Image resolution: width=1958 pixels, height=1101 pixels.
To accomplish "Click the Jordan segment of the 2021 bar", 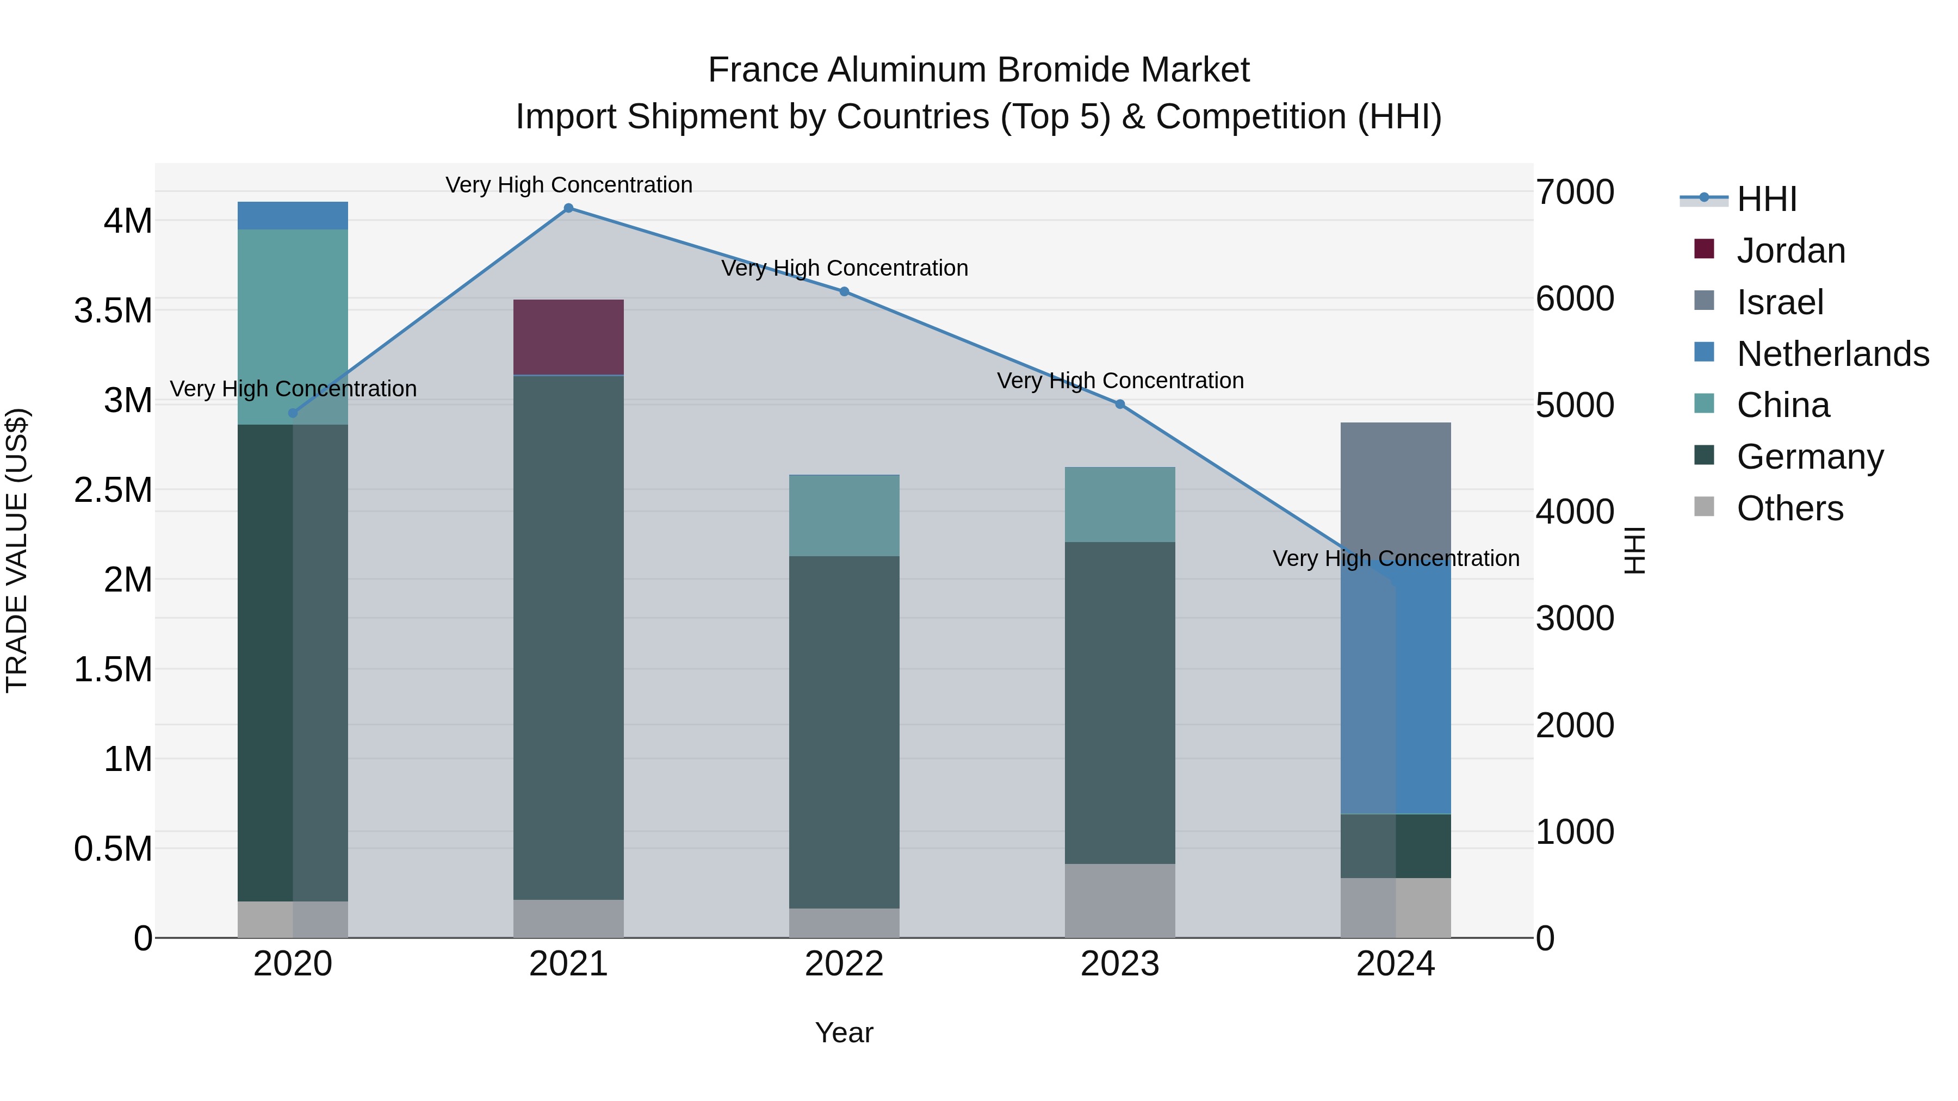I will pyautogui.click(x=568, y=337).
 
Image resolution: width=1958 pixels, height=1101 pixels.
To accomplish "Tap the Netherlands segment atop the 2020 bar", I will pyautogui.click(x=293, y=216).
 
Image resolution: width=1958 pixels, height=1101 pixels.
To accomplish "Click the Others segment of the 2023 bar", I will pyautogui.click(x=1120, y=900).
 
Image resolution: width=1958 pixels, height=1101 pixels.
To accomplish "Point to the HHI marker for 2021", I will pyautogui.click(x=568, y=208).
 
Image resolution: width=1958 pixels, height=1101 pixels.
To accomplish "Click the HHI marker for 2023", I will pyautogui.click(x=1120, y=404).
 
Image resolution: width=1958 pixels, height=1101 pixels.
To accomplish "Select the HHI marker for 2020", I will pyautogui.click(x=293, y=413).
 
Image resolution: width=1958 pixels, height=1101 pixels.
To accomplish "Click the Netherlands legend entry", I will pyautogui.click(x=1832, y=354).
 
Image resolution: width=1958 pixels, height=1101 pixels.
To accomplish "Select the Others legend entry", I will pyautogui.click(x=1789, y=508).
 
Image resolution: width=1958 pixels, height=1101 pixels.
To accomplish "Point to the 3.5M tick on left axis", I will pyautogui.click(x=113, y=311).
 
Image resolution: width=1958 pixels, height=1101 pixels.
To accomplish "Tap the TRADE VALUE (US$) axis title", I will pyautogui.click(x=17, y=550).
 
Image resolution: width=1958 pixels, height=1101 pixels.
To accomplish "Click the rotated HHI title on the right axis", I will pyautogui.click(x=1634, y=550).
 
